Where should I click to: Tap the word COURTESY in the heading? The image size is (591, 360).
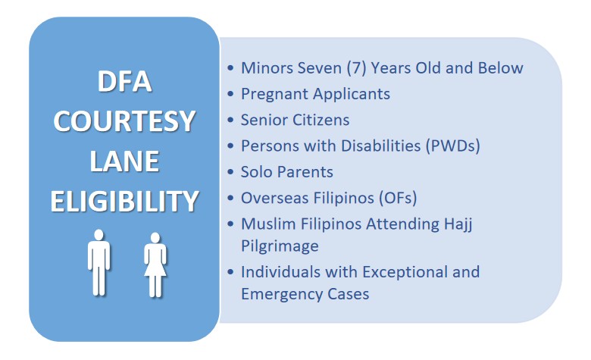tap(124, 122)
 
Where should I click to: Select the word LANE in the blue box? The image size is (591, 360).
tap(124, 161)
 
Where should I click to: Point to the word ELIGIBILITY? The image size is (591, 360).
tap(124, 202)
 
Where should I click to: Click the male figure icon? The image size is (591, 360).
tap(100, 261)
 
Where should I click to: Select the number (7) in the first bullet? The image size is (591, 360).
tap(355, 68)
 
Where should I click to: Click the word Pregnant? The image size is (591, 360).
tap(274, 95)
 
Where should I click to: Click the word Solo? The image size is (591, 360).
tap(257, 172)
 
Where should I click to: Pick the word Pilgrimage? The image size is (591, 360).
tap(280, 246)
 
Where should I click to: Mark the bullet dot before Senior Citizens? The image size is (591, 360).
tap(230, 121)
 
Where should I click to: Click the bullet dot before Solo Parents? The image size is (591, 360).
tap(230, 172)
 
